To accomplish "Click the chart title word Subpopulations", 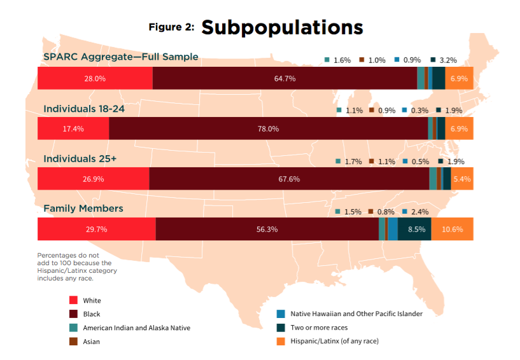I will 282,27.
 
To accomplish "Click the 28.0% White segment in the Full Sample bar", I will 95,78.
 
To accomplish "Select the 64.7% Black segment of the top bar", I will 285,78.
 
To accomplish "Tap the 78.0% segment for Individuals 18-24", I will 268,128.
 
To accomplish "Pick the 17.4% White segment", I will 73,128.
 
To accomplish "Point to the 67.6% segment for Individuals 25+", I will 289,179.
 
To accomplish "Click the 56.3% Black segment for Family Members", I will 267,229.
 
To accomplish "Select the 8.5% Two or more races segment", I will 416,229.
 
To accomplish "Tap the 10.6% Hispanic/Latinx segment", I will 452,229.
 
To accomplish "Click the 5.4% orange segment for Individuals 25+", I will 461,179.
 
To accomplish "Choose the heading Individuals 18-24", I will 83,109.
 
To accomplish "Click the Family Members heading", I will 83,209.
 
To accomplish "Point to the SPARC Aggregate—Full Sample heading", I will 120,57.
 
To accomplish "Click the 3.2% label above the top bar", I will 447,60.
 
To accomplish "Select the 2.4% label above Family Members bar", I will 421,212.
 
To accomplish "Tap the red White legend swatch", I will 73,300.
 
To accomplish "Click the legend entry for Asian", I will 92,342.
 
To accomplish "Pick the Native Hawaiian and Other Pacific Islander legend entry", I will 356,314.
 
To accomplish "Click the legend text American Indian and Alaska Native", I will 136,328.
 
